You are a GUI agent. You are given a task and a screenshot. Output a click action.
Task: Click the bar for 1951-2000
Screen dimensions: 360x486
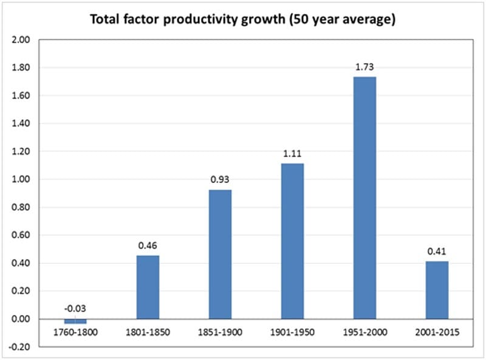[x=364, y=198]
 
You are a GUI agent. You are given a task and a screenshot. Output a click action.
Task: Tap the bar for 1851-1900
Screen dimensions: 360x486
[x=220, y=254]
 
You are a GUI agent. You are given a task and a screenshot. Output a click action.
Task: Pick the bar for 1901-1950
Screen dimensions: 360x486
[x=292, y=241]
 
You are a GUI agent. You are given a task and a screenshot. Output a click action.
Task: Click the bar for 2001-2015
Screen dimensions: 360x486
[x=437, y=290]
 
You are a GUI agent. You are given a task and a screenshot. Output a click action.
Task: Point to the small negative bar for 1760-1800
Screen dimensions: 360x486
[x=75, y=321]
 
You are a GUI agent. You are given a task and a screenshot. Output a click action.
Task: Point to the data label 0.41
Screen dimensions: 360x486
[x=437, y=251]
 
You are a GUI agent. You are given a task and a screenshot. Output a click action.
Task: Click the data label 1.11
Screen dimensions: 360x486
[x=292, y=153]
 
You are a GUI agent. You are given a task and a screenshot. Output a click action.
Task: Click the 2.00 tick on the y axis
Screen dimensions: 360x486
[x=21, y=40]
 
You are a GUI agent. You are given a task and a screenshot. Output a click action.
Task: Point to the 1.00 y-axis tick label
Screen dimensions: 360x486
[x=21, y=179]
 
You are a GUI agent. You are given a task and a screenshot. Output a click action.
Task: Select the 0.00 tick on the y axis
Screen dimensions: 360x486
[x=21, y=319]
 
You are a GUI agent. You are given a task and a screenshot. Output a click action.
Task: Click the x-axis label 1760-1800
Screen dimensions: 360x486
[x=75, y=333]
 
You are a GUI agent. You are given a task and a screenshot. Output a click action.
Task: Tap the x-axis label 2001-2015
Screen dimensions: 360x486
[x=437, y=333]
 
